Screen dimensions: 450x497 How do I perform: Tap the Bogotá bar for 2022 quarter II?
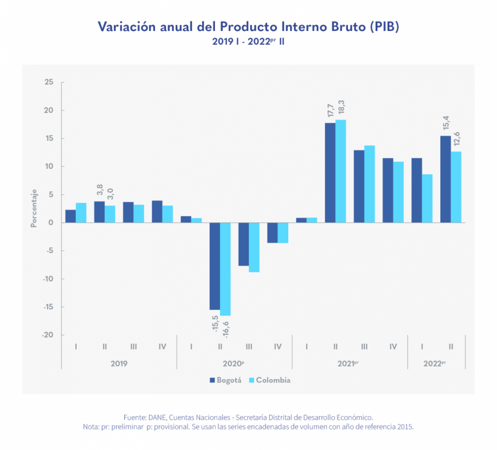pyautogui.click(x=446, y=179)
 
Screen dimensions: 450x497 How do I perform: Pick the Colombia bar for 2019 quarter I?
pyautogui.click(x=81, y=213)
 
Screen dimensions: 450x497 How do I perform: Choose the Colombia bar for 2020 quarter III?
pyautogui.click(x=254, y=247)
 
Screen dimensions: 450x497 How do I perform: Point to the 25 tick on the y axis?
pyautogui.click(x=48, y=82)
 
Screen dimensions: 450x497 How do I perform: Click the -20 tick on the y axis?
pyautogui.click(x=47, y=335)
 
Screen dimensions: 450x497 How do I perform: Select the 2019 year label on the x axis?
pyautogui.click(x=119, y=363)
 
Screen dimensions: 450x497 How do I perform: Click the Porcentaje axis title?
pyautogui.click(x=33, y=209)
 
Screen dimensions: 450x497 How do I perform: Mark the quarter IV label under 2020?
pyautogui.click(x=278, y=347)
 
